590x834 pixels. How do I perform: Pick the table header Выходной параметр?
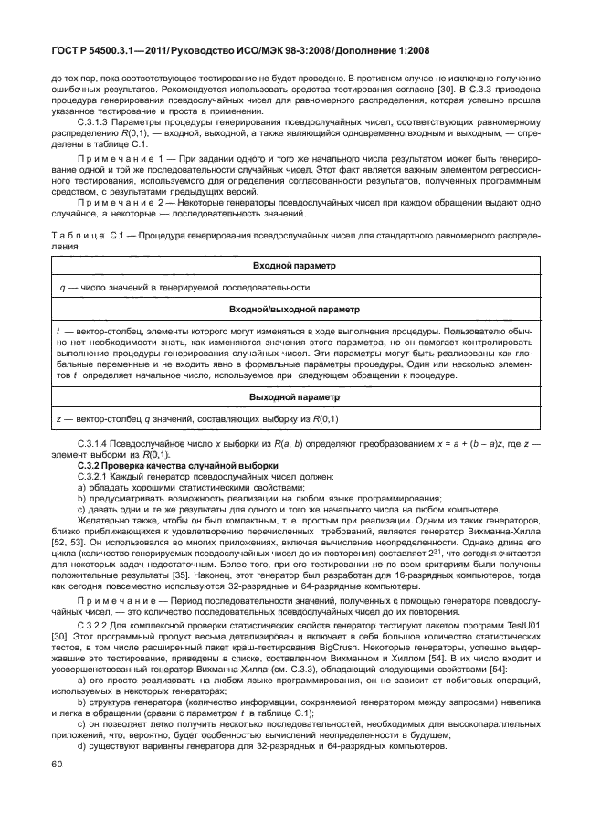pyautogui.click(x=294, y=397)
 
